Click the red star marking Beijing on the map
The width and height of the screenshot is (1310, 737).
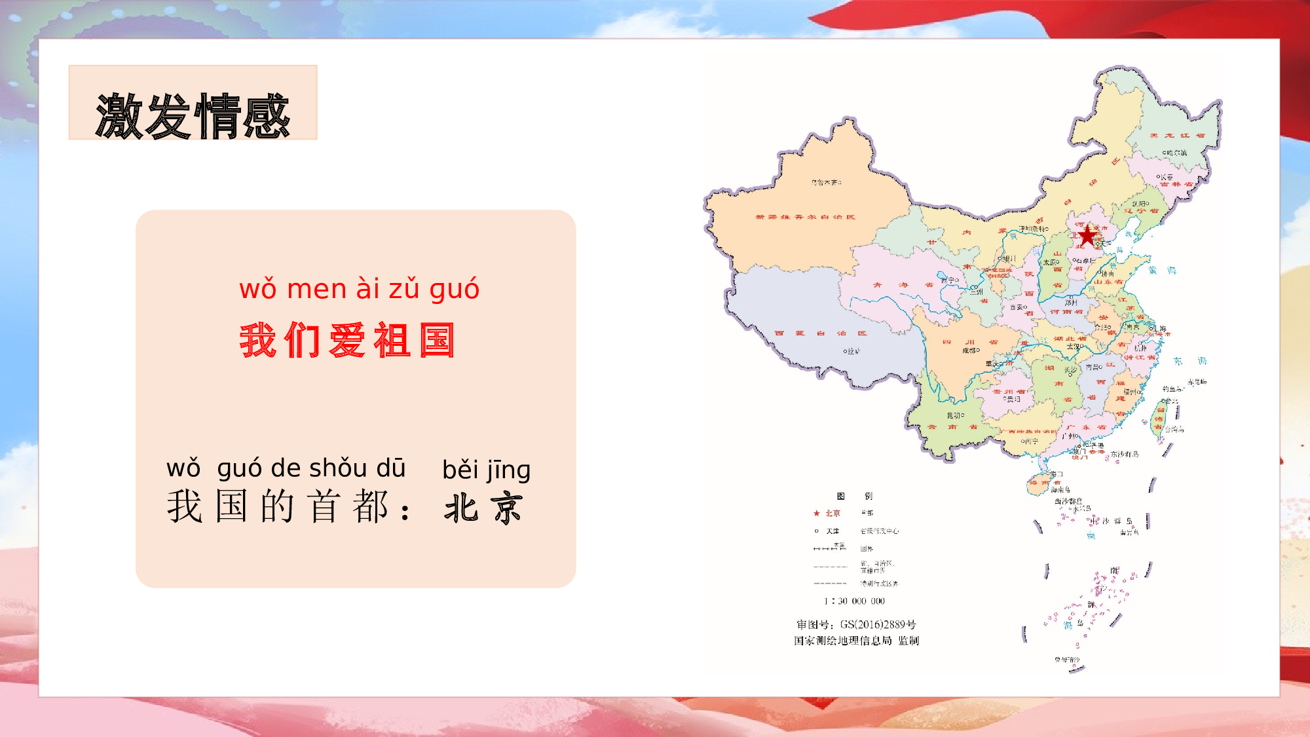point(1087,235)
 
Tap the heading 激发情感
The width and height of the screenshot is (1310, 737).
point(193,116)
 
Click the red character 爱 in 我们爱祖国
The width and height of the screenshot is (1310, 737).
point(347,341)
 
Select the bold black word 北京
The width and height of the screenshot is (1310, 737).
point(483,508)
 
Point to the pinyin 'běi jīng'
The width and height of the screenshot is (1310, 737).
point(486,470)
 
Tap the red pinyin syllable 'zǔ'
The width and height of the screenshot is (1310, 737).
point(403,289)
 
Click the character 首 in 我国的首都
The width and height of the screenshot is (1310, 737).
point(324,506)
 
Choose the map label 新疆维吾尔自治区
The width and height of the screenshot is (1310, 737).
point(805,217)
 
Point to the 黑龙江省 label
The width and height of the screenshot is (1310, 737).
point(1177,136)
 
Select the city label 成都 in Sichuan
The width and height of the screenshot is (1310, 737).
point(971,350)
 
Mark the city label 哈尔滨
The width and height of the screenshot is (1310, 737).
point(1174,153)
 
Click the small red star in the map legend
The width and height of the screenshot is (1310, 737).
point(816,514)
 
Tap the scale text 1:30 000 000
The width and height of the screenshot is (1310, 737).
point(854,601)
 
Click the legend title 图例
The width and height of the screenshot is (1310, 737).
point(854,497)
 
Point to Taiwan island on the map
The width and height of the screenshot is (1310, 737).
point(1158,419)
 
